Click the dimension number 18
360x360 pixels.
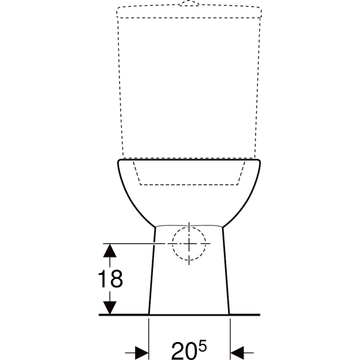point(109,278)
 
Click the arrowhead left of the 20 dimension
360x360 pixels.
point(142,352)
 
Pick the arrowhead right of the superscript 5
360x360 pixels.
point(238,352)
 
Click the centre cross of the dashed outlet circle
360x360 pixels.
point(188,243)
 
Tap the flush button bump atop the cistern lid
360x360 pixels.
point(189,3)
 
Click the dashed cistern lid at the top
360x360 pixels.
point(189,11)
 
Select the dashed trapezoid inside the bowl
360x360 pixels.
point(189,174)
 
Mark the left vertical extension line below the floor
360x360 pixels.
point(149,336)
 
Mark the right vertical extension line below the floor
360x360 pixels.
point(230,336)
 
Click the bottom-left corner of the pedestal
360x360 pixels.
point(149,313)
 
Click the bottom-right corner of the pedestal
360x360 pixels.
point(229,313)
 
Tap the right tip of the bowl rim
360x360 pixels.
point(262,161)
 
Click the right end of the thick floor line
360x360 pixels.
point(259,314)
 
